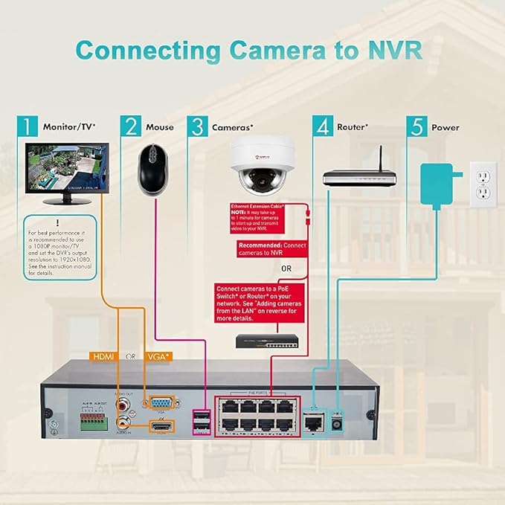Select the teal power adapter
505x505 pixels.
[439, 185]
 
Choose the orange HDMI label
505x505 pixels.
[103, 356]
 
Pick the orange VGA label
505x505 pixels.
[158, 356]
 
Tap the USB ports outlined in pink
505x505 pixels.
[201, 422]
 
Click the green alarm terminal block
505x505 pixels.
[91, 420]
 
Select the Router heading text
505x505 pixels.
[352, 127]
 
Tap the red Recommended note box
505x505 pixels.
[271, 248]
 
